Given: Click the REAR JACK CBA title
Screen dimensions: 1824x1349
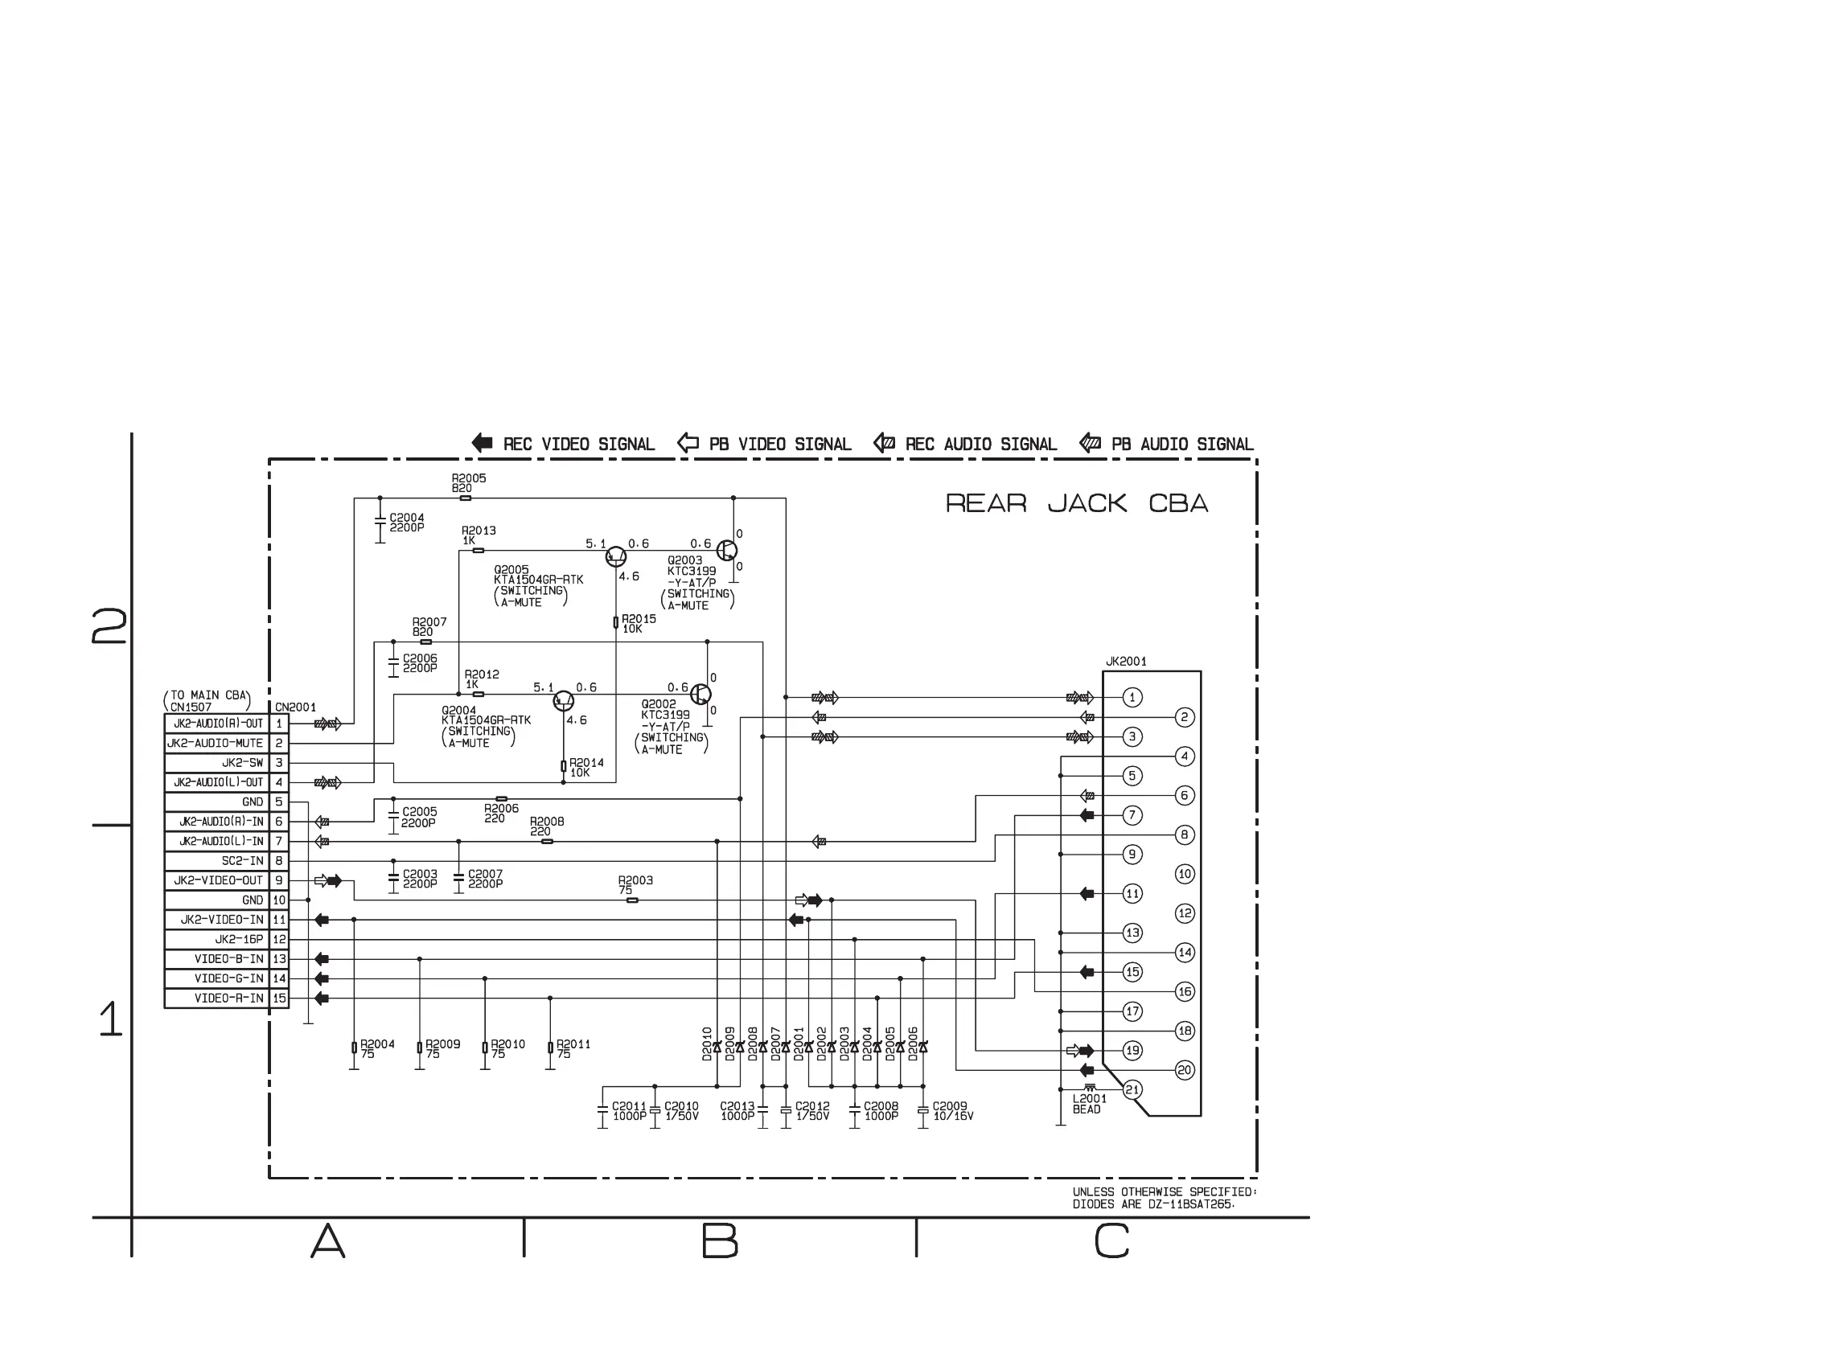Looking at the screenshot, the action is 1076,503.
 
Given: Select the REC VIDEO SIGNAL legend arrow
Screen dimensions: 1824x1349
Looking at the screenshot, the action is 482,444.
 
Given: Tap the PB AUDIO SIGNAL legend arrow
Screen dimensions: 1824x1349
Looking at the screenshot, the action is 1090,444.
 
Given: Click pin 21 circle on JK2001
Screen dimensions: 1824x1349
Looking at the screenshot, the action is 1132,1089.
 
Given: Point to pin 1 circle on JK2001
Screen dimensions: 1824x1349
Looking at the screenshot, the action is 1132,697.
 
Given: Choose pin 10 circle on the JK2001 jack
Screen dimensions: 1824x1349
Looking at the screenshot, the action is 1185,874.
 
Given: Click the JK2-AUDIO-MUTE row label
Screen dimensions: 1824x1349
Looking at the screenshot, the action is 216,743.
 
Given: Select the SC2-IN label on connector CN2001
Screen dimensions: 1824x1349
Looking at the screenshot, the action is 242,861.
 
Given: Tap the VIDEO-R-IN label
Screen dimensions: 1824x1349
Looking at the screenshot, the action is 228,998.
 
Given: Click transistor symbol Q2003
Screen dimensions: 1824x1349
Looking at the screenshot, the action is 726,551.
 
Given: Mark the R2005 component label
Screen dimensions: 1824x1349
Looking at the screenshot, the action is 468,482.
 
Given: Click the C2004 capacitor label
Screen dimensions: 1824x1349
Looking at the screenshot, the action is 407,523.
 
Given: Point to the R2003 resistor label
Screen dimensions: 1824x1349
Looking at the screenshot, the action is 635,884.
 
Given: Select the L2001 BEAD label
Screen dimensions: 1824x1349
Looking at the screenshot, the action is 1089,1104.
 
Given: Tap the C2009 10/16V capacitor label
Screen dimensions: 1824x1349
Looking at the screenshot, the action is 952,1111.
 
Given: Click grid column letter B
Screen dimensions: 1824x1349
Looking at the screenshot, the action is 720,1241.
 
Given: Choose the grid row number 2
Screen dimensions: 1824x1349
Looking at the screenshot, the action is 109,626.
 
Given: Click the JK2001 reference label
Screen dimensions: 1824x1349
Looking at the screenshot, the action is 1126,662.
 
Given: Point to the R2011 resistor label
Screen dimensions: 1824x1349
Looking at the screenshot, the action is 573,1048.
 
